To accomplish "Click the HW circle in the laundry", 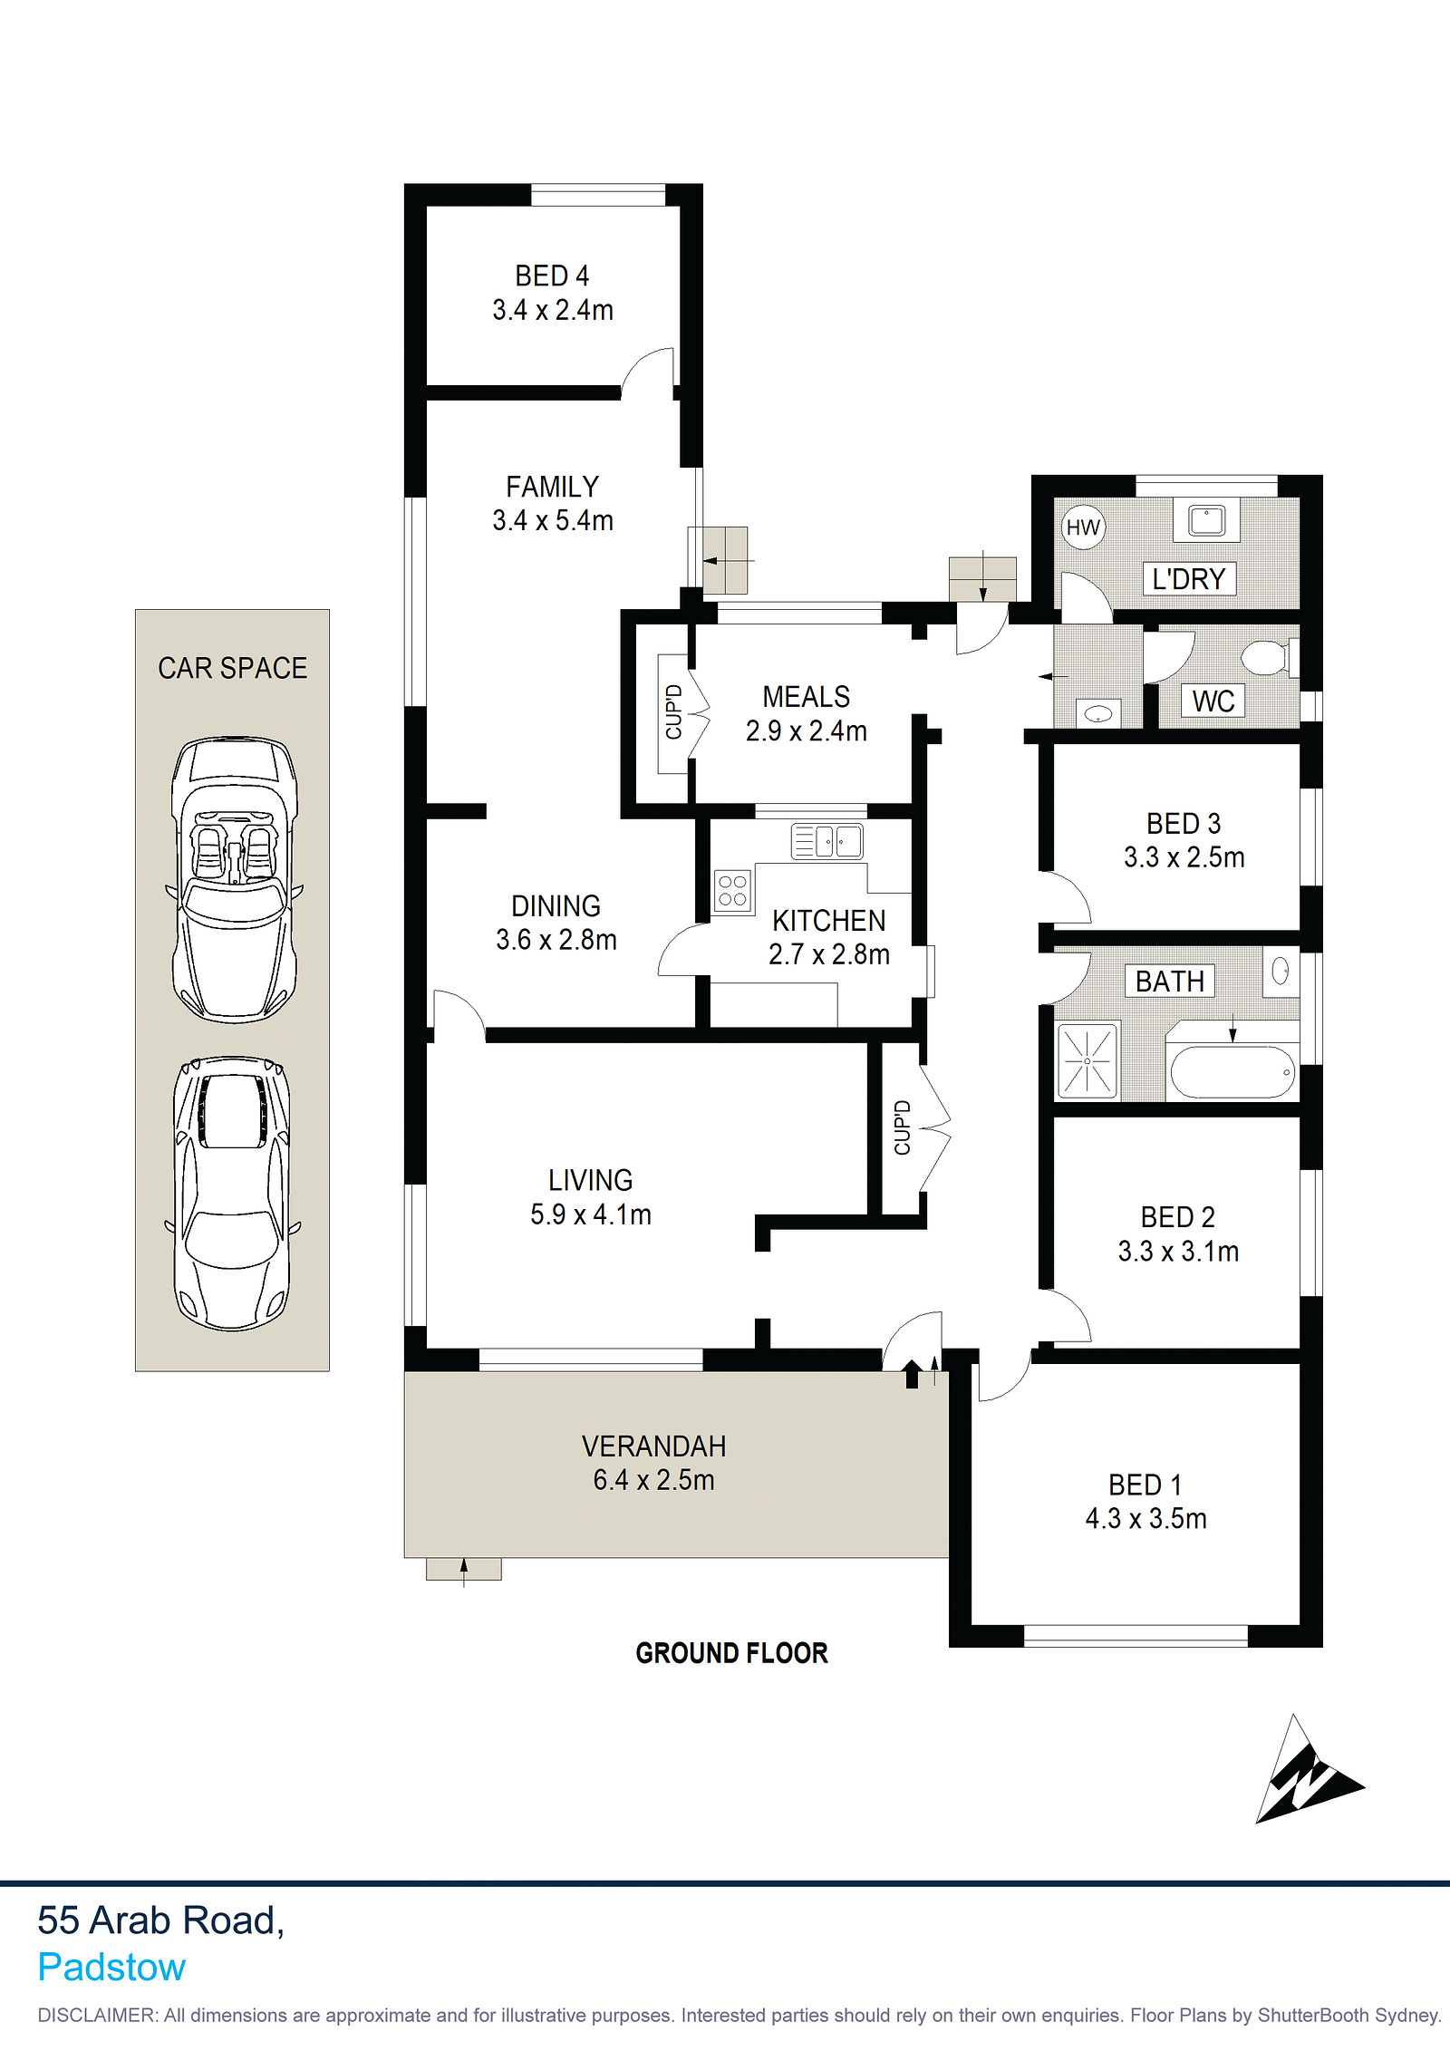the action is (x=1083, y=527).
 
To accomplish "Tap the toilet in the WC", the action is (x=1269, y=658).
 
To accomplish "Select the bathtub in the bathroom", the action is (x=1232, y=1072).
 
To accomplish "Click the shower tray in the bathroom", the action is (x=1087, y=1059).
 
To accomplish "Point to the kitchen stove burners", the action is (x=732, y=890).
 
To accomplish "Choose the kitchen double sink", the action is (x=826, y=841).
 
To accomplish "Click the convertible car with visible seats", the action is (x=235, y=879).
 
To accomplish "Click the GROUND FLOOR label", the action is (x=731, y=1653).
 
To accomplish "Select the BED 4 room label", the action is (x=552, y=276).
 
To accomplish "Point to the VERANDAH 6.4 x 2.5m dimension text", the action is (x=653, y=1480).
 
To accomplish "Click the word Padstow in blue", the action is (x=111, y=1968).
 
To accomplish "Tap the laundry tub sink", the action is (x=1206, y=520).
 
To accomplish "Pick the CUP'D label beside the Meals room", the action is (x=673, y=712).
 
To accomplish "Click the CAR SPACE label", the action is (x=232, y=668).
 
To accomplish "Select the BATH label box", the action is (x=1170, y=981).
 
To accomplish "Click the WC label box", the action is (x=1213, y=701).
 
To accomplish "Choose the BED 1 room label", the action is (x=1145, y=1485).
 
